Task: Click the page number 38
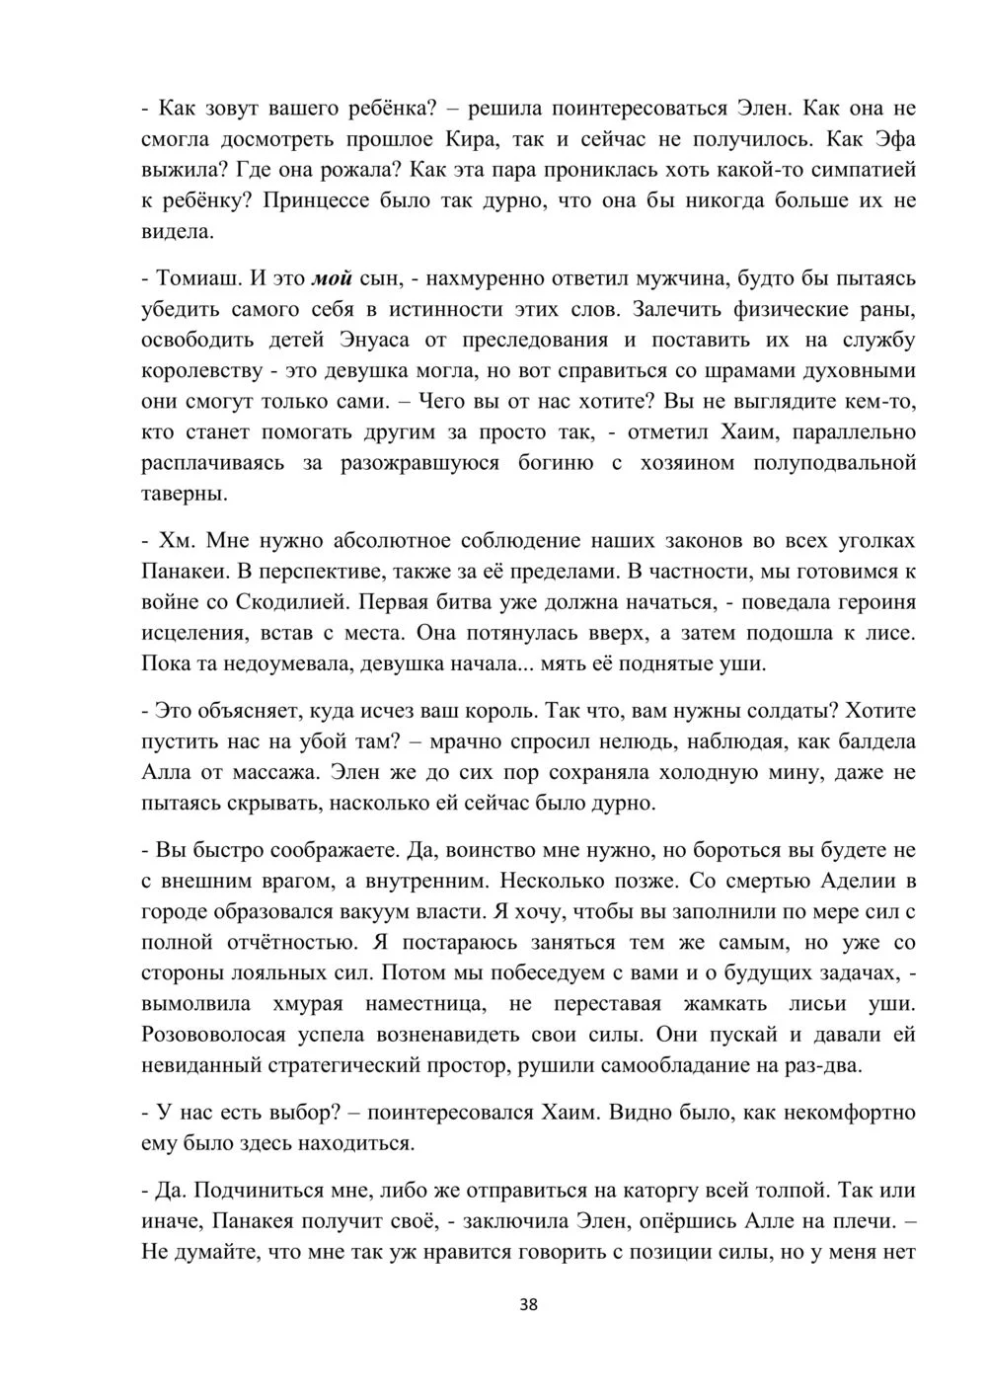528,1304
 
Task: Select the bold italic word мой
332,278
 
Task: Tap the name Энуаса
379,341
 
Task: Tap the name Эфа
886,139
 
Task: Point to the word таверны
184,494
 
